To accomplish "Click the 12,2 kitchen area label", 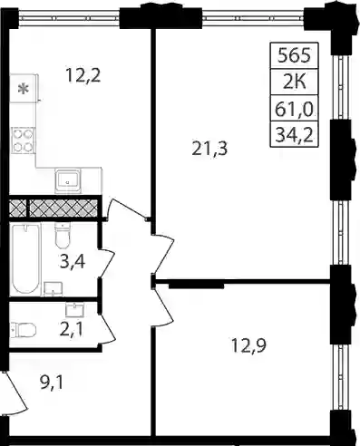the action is click(x=83, y=75).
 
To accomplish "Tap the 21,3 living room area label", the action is click(x=209, y=149).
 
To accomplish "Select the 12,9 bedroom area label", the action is click(x=248, y=345).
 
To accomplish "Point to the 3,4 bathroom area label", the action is click(x=73, y=262).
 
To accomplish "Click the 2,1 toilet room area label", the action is click(x=72, y=329).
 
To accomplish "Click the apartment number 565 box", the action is click(x=294, y=55).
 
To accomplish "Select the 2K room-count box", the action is click(x=294, y=82).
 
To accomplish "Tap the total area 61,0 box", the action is click(x=294, y=108).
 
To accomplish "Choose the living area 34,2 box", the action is click(x=294, y=134).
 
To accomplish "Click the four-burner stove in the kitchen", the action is click(x=23, y=141).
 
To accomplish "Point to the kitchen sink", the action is click(x=68, y=180).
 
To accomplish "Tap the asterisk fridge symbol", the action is click(x=23, y=89).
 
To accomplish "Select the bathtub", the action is click(x=25, y=258).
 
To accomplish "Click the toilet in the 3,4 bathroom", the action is click(x=63, y=236).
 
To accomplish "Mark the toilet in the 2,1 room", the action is click(x=24, y=329).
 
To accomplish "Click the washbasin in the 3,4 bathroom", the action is click(x=54, y=289).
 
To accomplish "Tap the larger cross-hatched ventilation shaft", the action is click(x=63, y=208).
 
